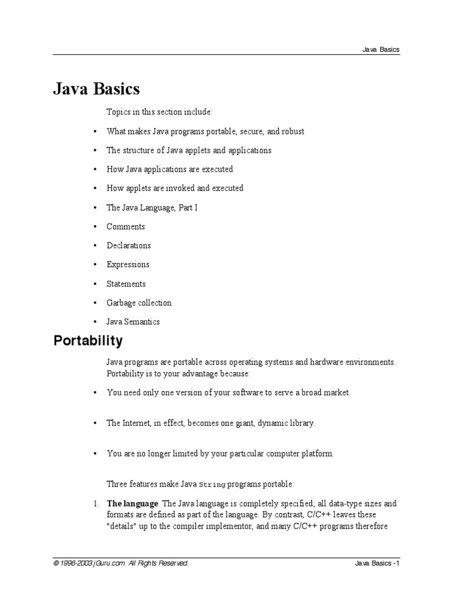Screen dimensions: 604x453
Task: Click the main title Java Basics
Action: (97, 89)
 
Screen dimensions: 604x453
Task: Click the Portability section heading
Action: (88, 341)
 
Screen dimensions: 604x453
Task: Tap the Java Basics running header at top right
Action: (380, 50)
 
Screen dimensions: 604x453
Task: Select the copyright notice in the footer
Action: (121, 563)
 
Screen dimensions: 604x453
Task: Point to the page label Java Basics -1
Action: (377, 563)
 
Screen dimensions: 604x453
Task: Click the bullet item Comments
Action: (126, 226)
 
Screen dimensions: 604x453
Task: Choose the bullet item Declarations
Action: (129, 245)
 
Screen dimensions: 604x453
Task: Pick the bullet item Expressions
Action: (128, 264)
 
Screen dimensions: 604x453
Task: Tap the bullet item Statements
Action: (126, 284)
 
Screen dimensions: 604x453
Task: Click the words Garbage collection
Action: (139, 303)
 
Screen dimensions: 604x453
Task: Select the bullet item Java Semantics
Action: (133, 322)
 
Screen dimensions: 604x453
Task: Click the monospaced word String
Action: (212, 485)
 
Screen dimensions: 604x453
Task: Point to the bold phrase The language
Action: (132, 504)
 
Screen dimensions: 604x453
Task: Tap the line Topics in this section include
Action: (159, 112)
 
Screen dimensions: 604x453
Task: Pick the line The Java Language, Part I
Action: (152, 208)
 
